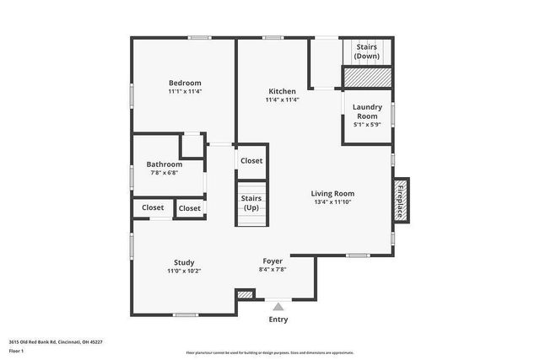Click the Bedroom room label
(185, 83)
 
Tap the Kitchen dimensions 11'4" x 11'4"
(282, 100)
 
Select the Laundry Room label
(367, 111)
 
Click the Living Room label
(332, 193)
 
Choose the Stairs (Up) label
(251, 203)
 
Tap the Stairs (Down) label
(366, 51)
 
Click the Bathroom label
(165, 164)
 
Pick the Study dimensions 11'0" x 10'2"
(184, 271)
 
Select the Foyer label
(273, 261)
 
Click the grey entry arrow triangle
(278, 306)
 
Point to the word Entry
(278, 320)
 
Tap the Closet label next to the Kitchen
(251, 160)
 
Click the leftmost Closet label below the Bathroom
(153, 207)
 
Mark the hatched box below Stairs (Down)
(367, 78)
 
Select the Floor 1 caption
(17, 351)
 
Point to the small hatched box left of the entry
(245, 295)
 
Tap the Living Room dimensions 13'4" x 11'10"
(332, 202)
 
